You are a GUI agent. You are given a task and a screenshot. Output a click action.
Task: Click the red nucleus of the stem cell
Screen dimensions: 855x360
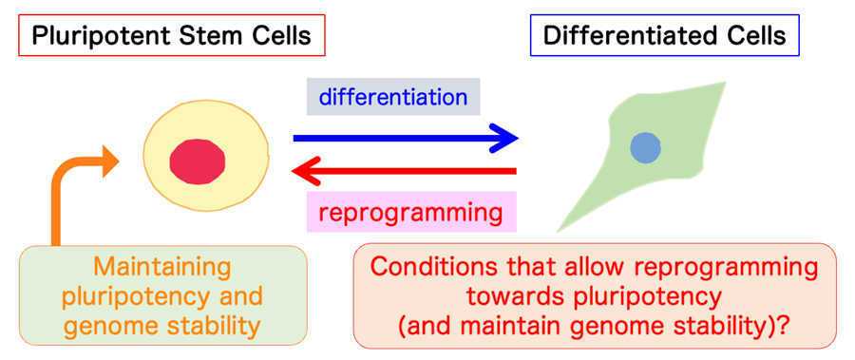point(198,162)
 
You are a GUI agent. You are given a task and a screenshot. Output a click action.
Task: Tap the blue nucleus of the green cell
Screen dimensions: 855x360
point(646,147)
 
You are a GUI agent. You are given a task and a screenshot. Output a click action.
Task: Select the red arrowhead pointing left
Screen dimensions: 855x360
point(308,172)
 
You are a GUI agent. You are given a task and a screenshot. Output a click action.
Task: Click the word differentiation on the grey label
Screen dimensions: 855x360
point(393,97)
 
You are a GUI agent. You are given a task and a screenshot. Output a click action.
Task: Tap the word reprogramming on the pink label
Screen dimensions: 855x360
point(410,213)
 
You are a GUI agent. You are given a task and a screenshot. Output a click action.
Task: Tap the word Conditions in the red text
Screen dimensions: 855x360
point(428,268)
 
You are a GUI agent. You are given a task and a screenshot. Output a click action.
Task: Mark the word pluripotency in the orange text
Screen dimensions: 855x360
point(133,297)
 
